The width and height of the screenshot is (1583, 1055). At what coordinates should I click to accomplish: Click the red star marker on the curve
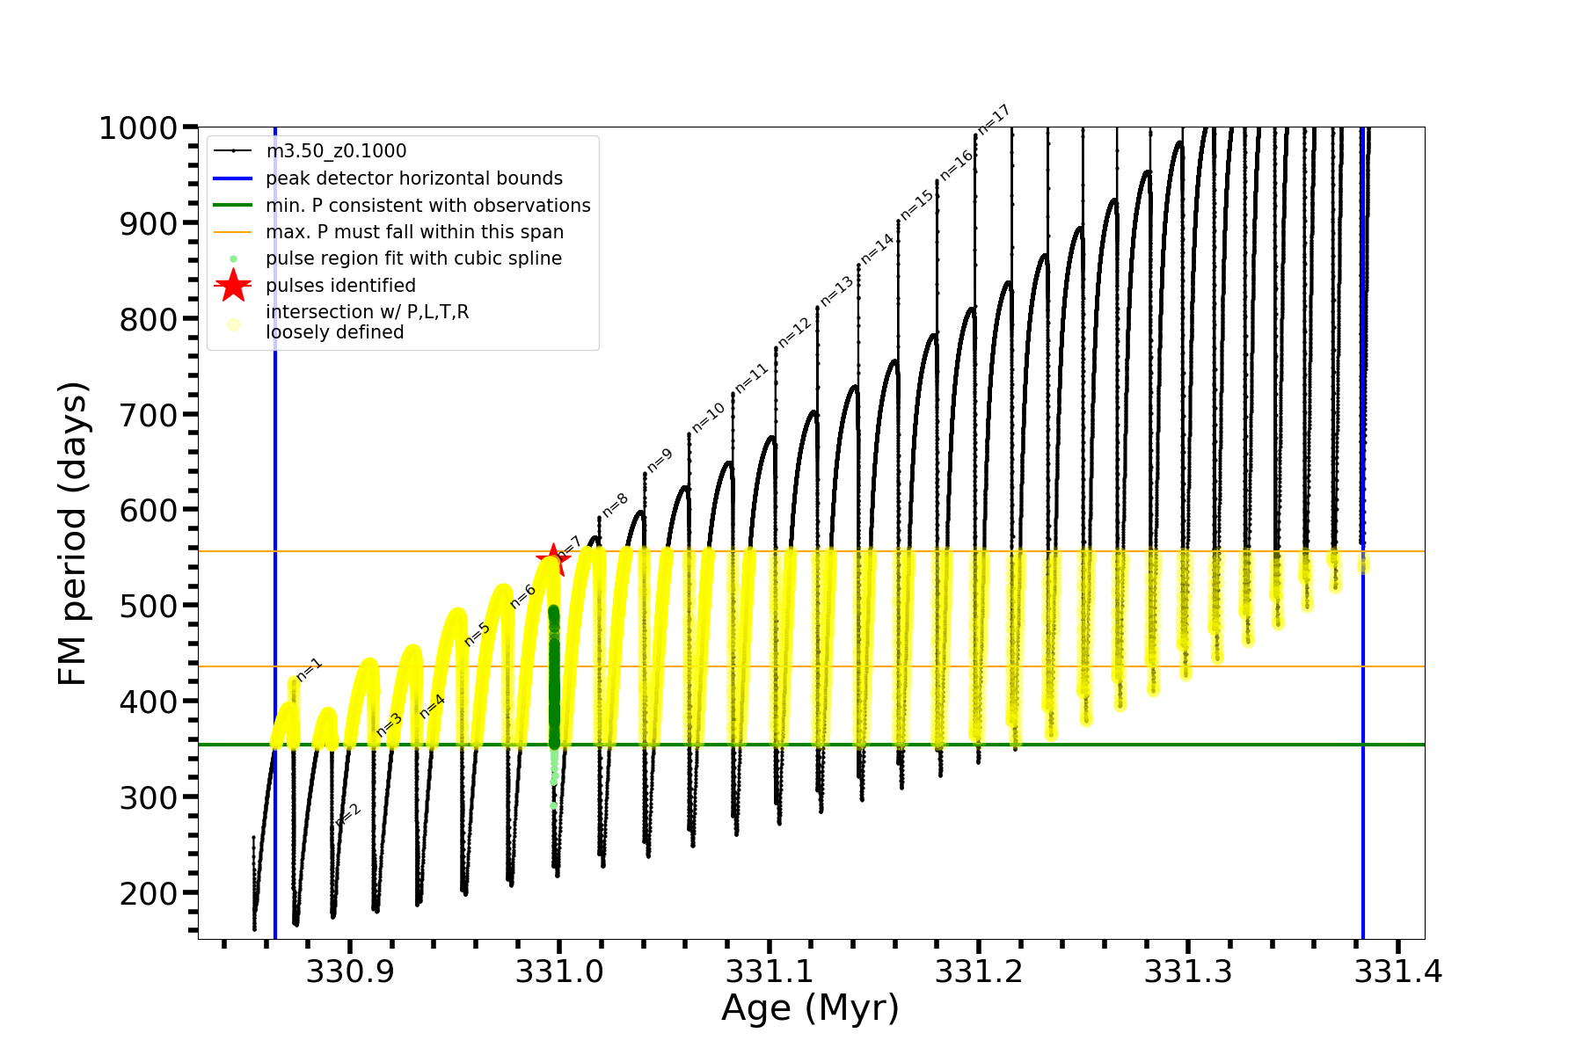coord(552,559)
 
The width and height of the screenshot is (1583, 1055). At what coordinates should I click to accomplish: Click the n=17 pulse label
coord(994,119)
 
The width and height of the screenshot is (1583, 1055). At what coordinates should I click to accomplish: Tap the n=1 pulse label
coord(310,669)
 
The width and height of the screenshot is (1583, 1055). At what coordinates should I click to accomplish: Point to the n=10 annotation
coord(708,417)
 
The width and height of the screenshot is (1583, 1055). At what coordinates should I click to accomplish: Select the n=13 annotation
coord(836,291)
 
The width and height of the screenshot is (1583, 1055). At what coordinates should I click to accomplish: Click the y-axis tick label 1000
coord(138,128)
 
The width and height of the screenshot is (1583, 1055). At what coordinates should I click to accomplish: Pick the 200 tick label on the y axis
coord(148,893)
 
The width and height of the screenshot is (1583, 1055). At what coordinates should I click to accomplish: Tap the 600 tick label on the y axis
coord(148,511)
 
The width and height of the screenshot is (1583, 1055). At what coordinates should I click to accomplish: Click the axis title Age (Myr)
coord(810,1008)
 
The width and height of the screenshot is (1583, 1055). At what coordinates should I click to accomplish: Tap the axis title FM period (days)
coord(73,533)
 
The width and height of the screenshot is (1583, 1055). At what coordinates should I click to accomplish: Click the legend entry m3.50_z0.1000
coord(336,151)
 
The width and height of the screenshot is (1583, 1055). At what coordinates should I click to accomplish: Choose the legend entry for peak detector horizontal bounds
coord(413,178)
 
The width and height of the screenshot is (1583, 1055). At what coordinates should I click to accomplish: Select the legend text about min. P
coord(427,206)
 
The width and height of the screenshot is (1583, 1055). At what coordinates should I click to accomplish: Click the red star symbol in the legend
coord(233,285)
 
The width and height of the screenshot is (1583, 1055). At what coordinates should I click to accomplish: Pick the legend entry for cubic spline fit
coord(413,258)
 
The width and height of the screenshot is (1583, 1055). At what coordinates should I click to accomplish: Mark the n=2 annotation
coord(348,815)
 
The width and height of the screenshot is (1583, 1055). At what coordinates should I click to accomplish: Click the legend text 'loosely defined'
coord(334,332)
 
